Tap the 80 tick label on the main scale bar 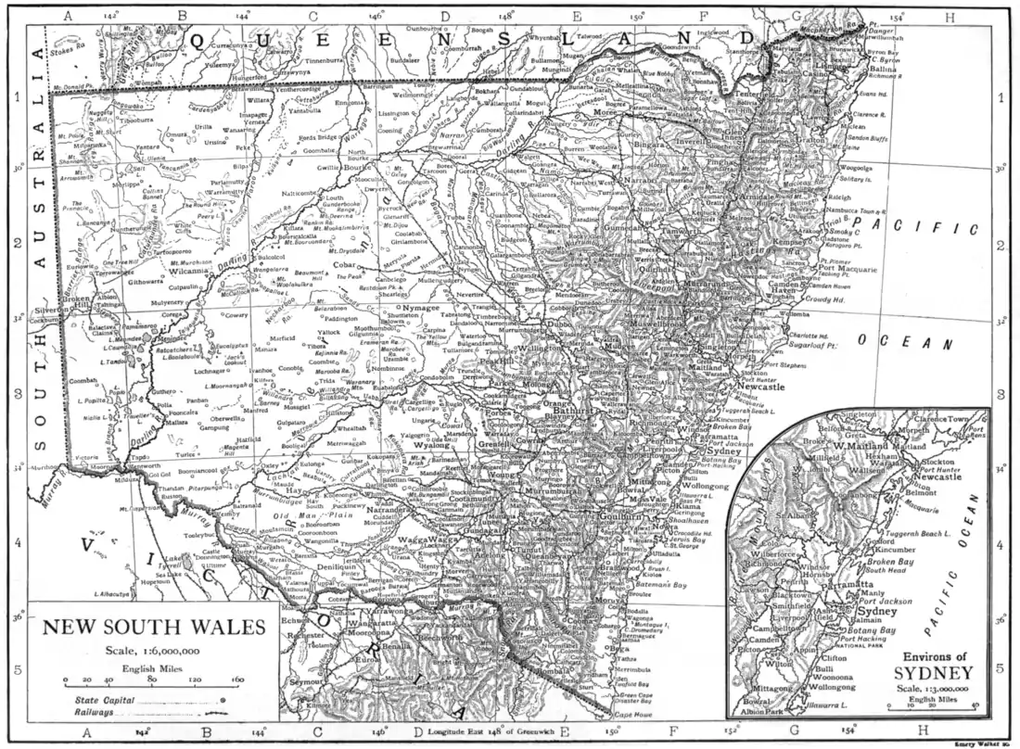pos(152,679)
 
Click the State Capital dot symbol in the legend pos(222,701)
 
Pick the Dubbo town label pos(564,325)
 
